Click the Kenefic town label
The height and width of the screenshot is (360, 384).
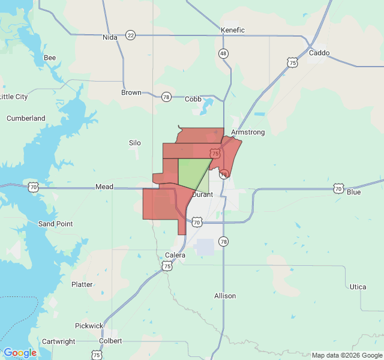pos(233,30)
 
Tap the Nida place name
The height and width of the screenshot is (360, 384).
pos(110,37)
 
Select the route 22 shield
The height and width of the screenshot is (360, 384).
pos(131,35)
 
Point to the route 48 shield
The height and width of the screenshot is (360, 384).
pos(223,53)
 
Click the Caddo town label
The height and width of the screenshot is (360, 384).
pos(319,53)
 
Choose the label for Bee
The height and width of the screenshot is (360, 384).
pos(50,58)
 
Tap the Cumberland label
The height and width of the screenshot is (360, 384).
pos(26,118)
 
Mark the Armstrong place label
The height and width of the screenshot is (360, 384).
pos(248,132)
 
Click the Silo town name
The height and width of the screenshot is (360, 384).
pos(135,143)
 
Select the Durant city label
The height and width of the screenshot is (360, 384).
pos(202,194)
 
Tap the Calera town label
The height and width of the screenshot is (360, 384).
pos(175,255)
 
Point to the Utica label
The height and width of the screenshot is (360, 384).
pos(358,287)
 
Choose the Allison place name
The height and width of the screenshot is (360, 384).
pos(225,296)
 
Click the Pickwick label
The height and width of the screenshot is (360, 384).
pos(89,326)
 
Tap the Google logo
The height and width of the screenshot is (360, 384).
pos(20,353)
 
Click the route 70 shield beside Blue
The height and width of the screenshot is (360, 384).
pos(339,188)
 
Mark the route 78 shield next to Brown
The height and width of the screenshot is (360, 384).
pos(166,97)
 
